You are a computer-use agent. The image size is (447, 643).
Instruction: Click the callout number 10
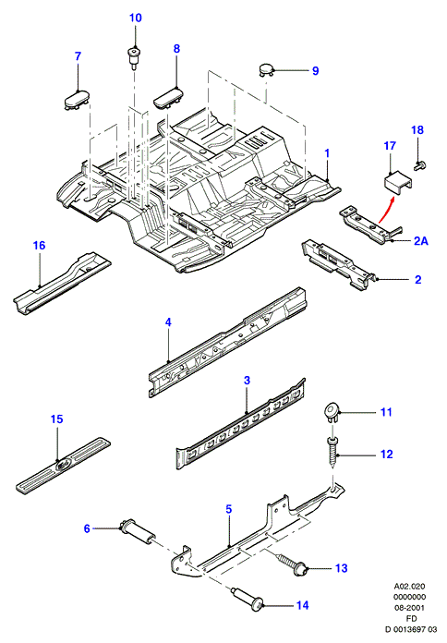(x=136, y=18)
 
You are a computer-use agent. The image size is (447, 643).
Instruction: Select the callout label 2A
(x=420, y=241)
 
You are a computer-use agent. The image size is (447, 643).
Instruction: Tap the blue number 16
(x=39, y=245)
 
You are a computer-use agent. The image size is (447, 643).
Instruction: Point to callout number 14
(x=302, y=605)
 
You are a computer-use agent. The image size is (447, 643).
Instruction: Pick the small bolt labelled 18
(x=419, y=165)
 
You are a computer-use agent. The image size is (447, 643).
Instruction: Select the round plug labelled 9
(x=266, y=69)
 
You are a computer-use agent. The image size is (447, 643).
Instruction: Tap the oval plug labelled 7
(x=77, y=100)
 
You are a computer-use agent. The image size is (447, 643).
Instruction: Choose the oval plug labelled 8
(x=168, y=99)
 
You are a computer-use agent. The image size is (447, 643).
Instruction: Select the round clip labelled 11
(x=332, y=413)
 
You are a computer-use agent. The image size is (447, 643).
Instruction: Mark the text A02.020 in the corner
(x=410, y=587)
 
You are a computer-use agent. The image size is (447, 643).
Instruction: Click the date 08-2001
(x=410, y=608)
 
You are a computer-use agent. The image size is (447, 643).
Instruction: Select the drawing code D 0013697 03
(x=411, y=629)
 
